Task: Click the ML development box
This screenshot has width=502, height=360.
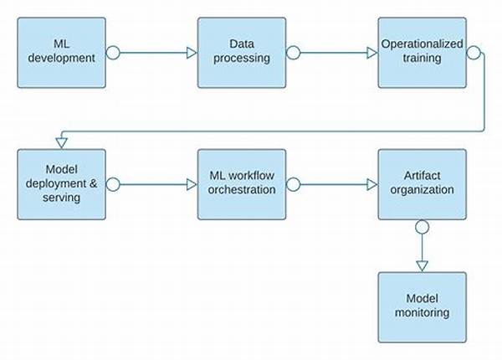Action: (x=61, y=53)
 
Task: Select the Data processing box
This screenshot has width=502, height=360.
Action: (x=242, y=53)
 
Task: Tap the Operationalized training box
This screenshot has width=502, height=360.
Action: (x=423, y=53)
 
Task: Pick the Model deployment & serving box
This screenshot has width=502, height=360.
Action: (x=61, y=184)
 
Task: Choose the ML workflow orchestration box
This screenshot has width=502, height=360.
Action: (x=242, y=184)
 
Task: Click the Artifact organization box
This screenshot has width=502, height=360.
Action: (x=423, y=184)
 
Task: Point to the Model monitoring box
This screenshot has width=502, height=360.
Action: (x=423, y=307)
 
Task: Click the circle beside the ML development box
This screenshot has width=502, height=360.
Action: (x=113, y=53)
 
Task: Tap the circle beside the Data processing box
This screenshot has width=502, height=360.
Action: (x=293, y=53)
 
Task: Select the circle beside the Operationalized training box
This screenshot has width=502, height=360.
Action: (x=474, y=53)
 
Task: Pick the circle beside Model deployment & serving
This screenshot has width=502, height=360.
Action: (x=113, y=184)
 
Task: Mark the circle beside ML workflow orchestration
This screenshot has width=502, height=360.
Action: (x=293, y=184)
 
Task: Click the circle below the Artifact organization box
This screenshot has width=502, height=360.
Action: (x=423, y=227)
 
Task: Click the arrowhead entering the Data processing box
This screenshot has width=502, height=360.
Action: (x=192, y=53)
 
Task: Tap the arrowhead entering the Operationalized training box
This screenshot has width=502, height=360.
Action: (x=372, y=53)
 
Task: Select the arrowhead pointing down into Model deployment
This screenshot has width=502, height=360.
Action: (x=61, y=143)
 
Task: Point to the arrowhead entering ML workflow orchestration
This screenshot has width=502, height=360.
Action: (x=192, y=184)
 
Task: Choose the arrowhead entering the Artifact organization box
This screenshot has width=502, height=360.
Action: (x=372, y=184)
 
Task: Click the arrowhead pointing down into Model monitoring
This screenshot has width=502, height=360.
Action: (x=423, y=266)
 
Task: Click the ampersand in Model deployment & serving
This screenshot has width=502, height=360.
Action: (x=93, y=183)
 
